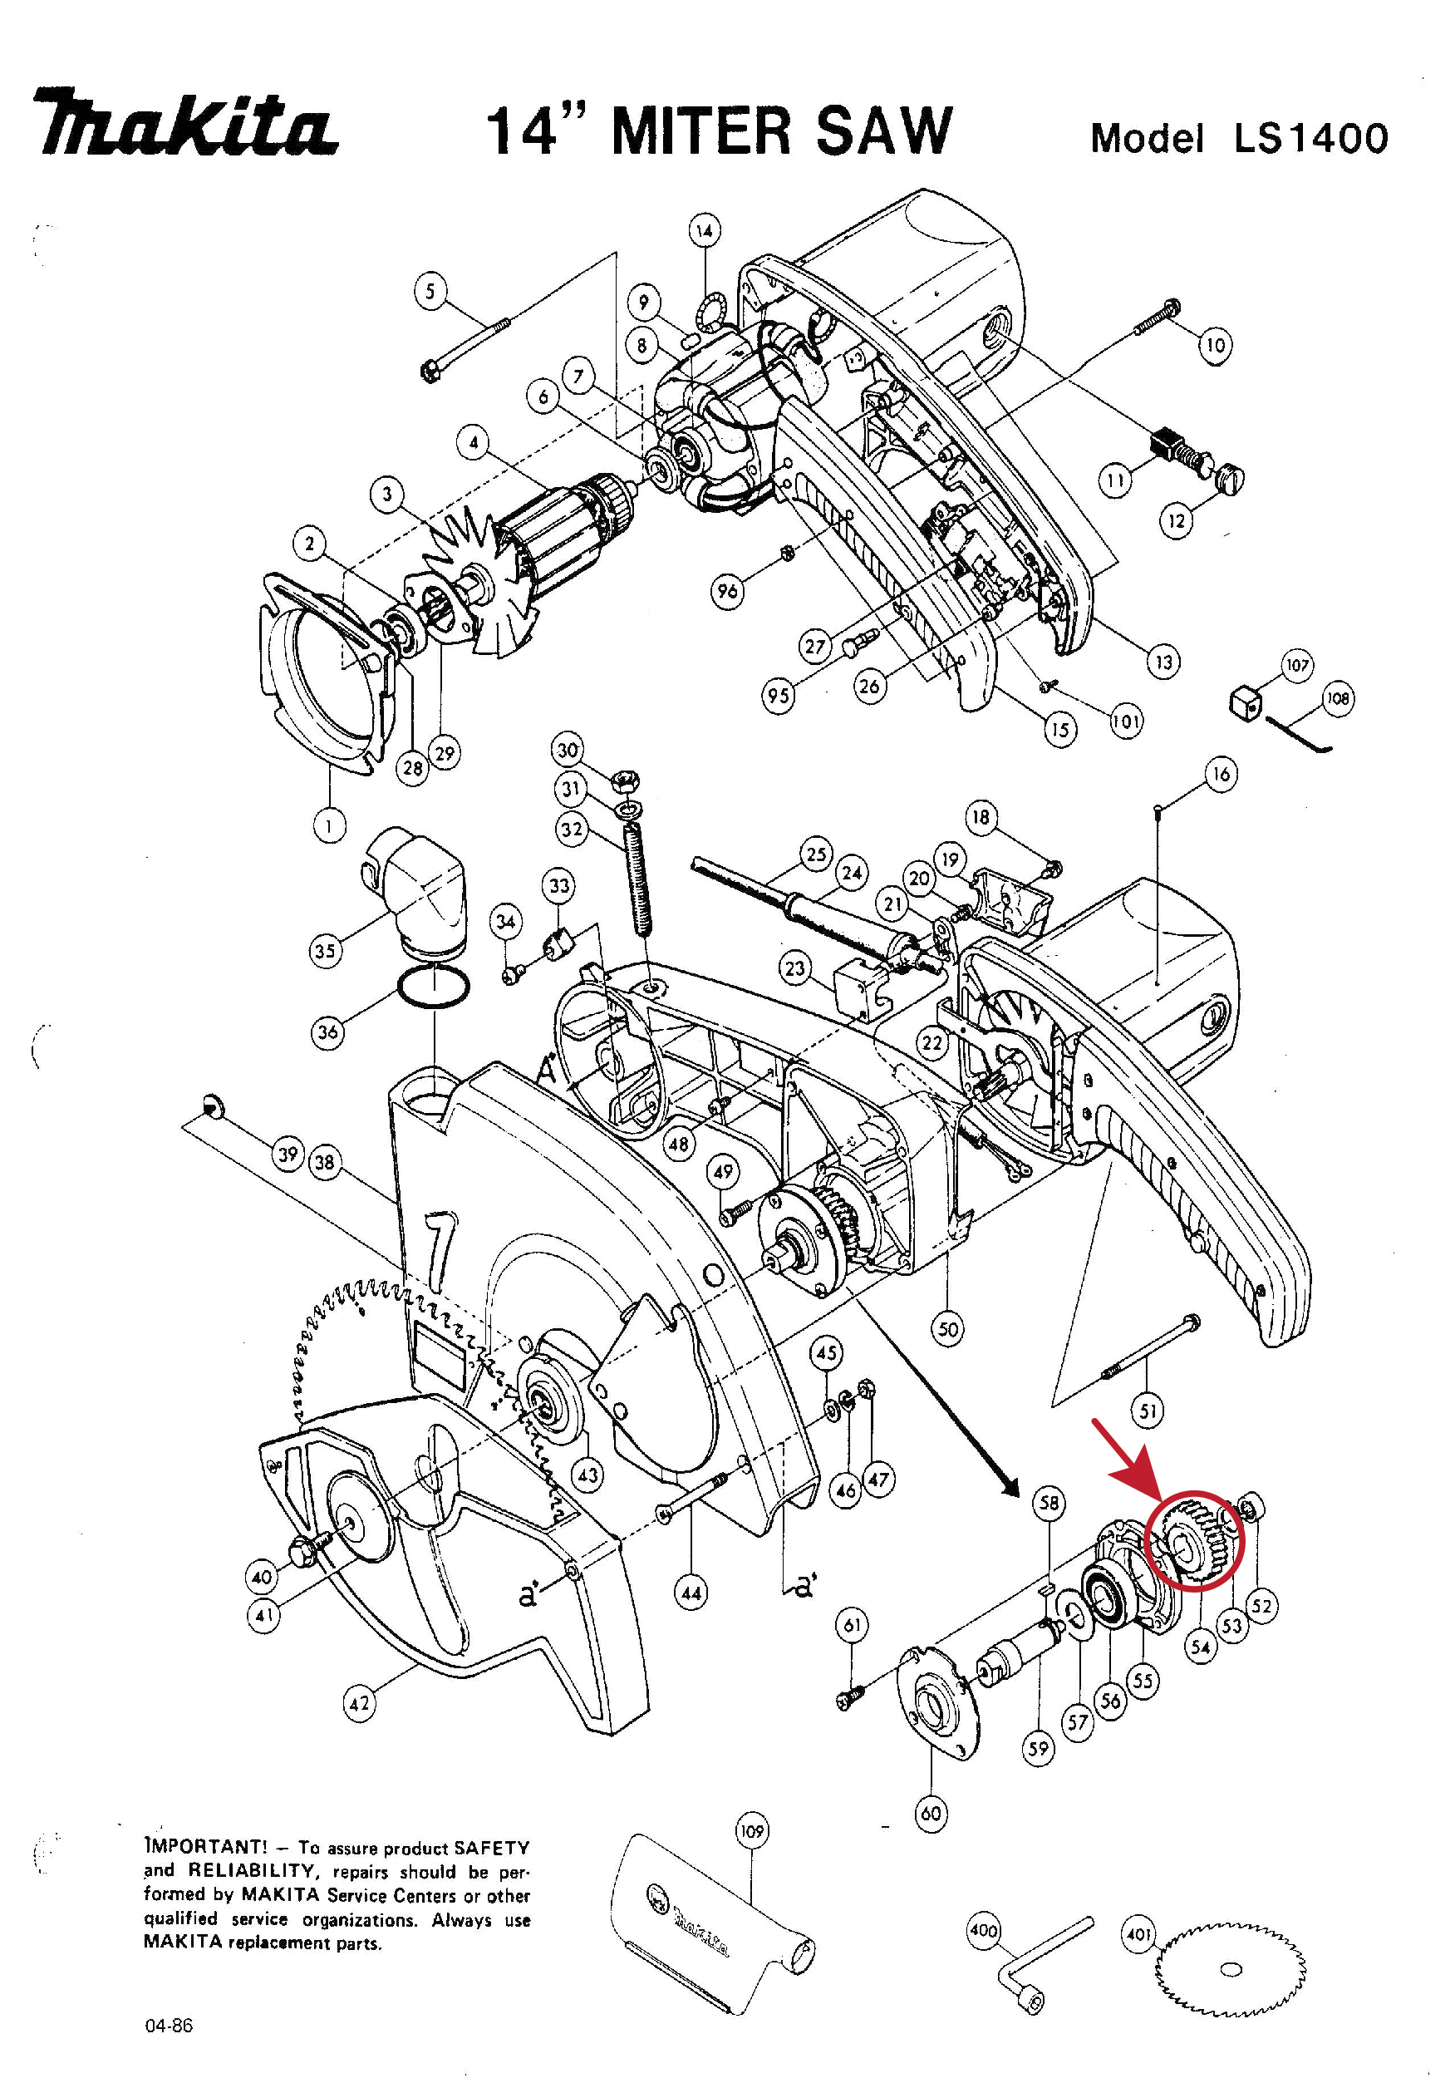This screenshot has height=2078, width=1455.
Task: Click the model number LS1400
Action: click(1311, 139)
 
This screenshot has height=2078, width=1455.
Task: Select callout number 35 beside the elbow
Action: click(325, 950)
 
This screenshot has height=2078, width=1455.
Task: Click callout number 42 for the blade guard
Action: click(359, 1703)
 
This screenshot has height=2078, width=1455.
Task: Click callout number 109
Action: click(752, 1831)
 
